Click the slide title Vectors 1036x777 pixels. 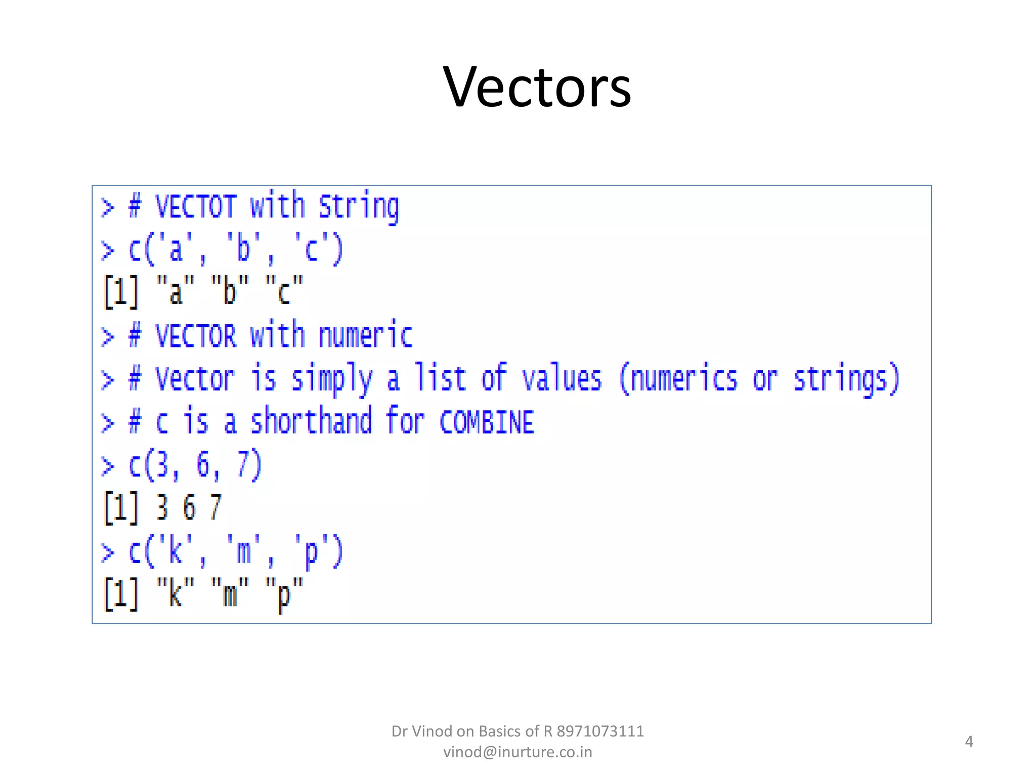coord(537,88)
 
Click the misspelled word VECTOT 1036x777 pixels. coord(195,206)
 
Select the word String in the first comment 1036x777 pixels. coord(359,207)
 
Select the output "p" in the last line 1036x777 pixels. coord(284,594)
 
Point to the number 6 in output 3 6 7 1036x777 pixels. coord(189,508)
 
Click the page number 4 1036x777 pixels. coord(969,742)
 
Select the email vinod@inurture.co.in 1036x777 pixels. coord(517,752)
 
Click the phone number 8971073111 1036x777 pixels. coord(600,731)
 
